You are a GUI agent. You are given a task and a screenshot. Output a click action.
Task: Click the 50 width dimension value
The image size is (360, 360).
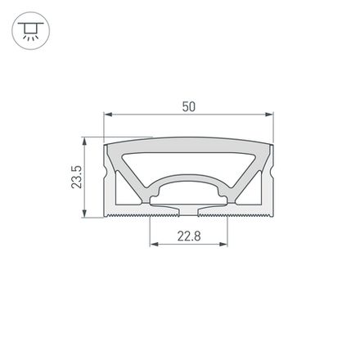(x=189, y=107)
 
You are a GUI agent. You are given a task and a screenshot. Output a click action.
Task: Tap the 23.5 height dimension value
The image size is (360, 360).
(x=76, y=178)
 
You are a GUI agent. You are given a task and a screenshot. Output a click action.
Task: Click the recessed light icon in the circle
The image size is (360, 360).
(x=30, y=31)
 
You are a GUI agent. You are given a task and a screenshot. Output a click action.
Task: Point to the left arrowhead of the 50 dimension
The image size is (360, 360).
(x=106, y=115)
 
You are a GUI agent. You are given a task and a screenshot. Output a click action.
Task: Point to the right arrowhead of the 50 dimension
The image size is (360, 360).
(x=270, y=115)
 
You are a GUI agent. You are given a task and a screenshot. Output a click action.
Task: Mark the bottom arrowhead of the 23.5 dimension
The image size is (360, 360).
(x=87, y=215)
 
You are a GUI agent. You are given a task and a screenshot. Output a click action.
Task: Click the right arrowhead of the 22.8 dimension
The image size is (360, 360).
(x=223, y=244)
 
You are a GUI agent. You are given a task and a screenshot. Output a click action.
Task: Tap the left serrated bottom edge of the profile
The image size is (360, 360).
(x=127, y=217)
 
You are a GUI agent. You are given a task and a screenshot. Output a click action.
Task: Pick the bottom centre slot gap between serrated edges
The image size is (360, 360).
(x=188, y=214)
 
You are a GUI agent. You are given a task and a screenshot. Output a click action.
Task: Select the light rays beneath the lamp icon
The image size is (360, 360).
(x=30, y=38)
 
